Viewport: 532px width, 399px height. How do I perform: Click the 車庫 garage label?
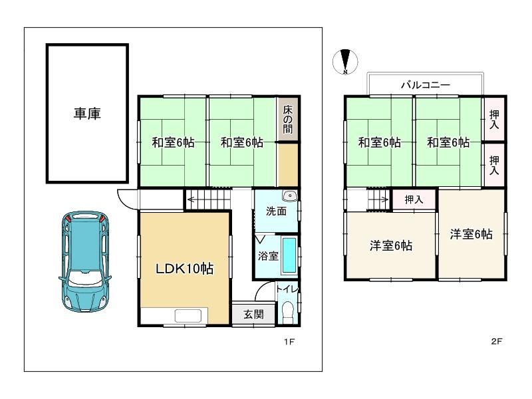pyautogui.click(x=87, y=113)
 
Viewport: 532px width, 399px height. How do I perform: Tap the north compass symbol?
pyautogui.click(x=345, y=62)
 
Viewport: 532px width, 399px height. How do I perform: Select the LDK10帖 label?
pyautogui.click(x=185, y=269)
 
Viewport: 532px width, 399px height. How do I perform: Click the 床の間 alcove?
pyautogui.click(x=288, y=119)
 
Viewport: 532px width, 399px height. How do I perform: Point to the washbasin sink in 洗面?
pyautogui.click(x=290, y=196)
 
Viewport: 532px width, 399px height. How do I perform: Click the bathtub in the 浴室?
pyautogui.click(x=289, y=255)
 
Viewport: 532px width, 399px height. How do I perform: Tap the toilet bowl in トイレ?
pyautogui.click(x=288, y=311)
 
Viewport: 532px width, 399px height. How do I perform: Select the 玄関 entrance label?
pyautogui.click(x=253, y=315)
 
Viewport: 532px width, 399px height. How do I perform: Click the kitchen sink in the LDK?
pyautogui.click(x=191, y=316)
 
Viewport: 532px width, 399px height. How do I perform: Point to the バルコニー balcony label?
pyautogui.click(x=426, y=85)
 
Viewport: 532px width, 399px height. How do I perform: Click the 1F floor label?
pyautogui.click(x=289, y=342)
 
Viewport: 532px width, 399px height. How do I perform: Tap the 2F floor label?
pyautogui.click(x=496, y=341)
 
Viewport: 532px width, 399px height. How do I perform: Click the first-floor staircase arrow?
pyautogui.click(x=208, y=199)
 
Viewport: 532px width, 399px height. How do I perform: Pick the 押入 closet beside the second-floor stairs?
pyautogui.click(x=414, y=199)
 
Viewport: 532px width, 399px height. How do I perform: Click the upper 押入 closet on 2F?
pyautogui.click(x=494, y=119)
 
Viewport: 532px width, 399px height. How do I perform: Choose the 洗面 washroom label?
pyautogui.click(x=276, y=211)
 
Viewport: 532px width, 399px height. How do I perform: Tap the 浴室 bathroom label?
pyautogui.click(x=268, y=256)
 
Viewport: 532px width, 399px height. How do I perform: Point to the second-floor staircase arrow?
pyautogui.click(x=378, y=199)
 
